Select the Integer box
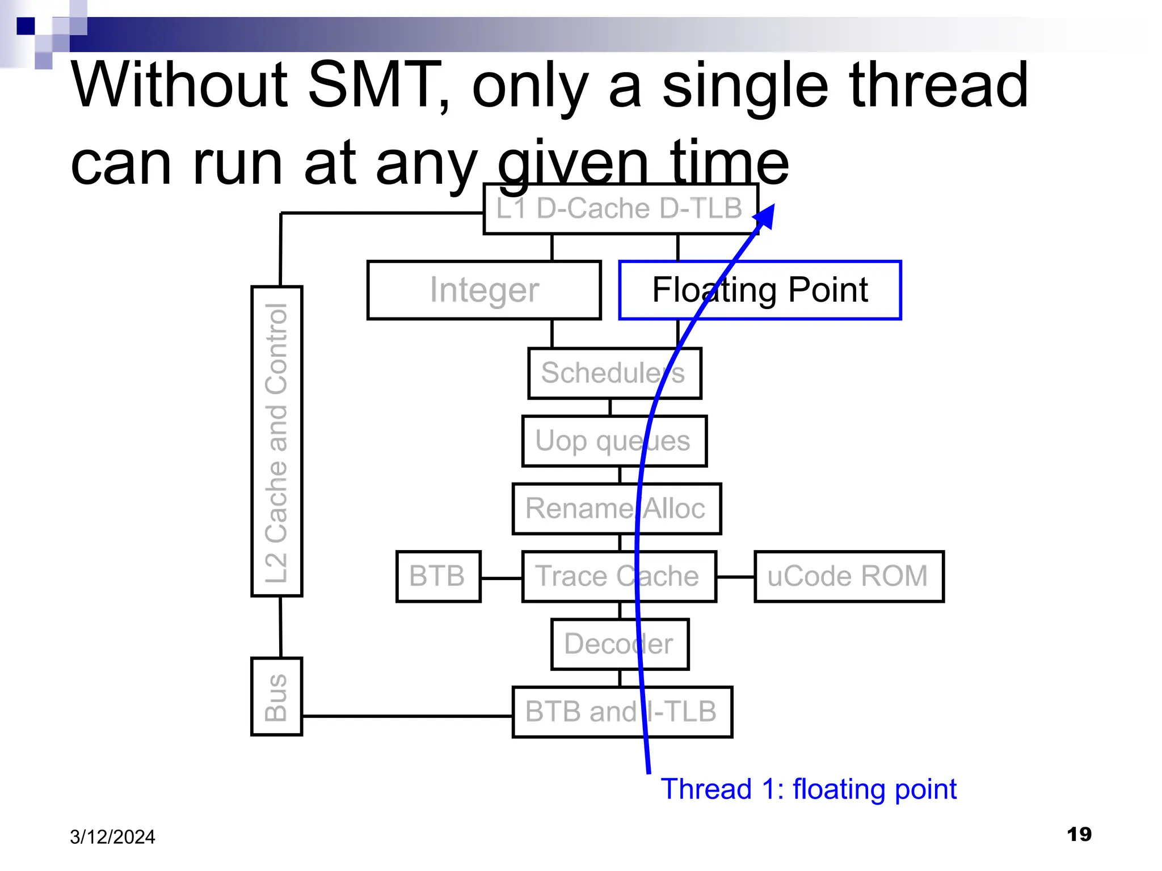click(x=483, y=290)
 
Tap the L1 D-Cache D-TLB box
click(x=620, y=209)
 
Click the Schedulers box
click(x=614, y=373)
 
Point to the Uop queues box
click(x=614, y=441)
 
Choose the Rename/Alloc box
click(x=616, y=509)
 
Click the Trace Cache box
click(x=618, y=576)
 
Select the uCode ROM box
click(x=848, y=576)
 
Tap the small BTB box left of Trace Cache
click(x=438, y=576)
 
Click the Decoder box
click(x=620, y=644)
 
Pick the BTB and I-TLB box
click(x=622, y=712)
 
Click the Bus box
click(x=276, y=696)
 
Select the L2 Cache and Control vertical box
click(x=276, y=441)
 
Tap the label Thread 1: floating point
click(x=808, y=789)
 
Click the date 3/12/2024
click(x=112, y=837)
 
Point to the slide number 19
click(x=1079, y=834)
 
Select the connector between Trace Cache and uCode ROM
click(x=735, y=577)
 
